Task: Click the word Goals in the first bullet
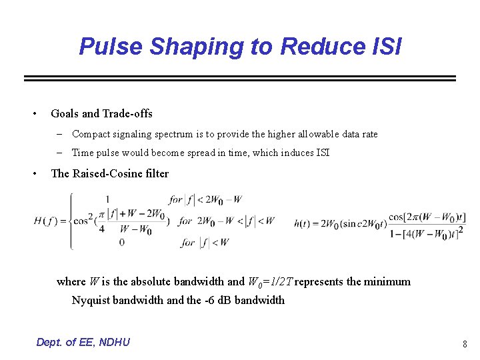[x=64, y=114]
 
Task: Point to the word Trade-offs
[x=127, y=114]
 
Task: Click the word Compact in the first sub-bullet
[x=90, y=134]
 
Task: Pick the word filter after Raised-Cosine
[x=159, y=173]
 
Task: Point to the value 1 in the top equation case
[x=107, y=199]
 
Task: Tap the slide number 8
[x=464, y=345]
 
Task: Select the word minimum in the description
[x=387, y=281]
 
